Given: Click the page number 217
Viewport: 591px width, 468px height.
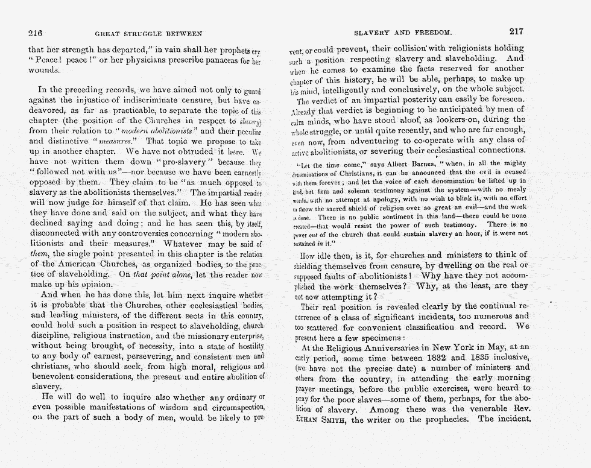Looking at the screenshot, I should click(x=516, y=33).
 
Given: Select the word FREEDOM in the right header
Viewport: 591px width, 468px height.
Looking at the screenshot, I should click(x=431, y=34).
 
